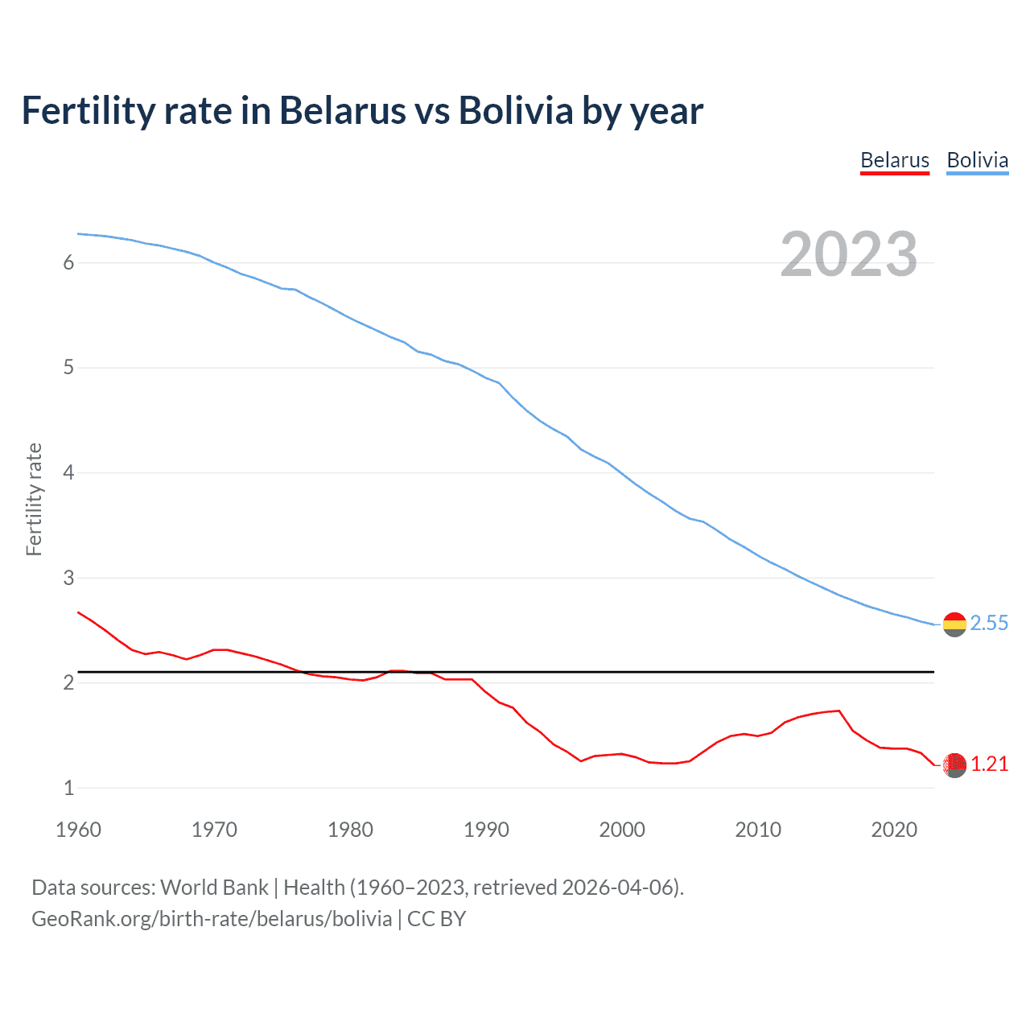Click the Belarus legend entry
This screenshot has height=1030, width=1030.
894,160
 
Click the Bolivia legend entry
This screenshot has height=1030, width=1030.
977,160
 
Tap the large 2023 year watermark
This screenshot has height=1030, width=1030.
848,254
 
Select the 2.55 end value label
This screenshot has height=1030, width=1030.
989,624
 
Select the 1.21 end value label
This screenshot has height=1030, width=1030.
989,764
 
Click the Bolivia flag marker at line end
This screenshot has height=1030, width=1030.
954,624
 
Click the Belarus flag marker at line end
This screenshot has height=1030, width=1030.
954,765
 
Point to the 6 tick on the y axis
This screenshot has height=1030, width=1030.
68,263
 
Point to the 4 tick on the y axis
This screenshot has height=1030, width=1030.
68,473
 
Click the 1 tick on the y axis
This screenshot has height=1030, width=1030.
68,789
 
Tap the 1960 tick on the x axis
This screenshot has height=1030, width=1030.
78,830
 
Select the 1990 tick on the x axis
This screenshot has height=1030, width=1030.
486,830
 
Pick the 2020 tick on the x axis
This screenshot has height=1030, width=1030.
894,830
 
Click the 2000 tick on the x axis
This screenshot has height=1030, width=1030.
622,830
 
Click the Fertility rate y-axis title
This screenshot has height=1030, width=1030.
34,499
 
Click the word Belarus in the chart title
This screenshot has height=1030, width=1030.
342,111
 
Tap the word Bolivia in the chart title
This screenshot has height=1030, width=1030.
515,111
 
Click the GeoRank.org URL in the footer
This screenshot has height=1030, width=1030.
212,919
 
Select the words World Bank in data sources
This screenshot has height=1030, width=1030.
214,888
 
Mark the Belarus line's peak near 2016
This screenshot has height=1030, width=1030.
838,711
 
